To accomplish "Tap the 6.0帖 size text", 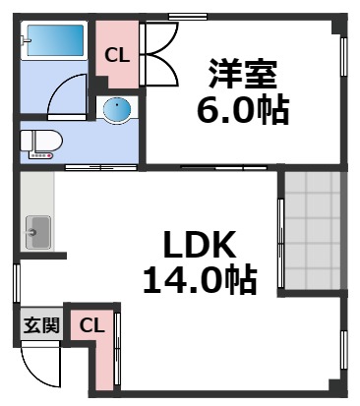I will pos(242,110).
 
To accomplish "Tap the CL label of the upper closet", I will pos(117,55).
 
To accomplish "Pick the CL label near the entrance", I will pos(90,325).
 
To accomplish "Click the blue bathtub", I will pos(54,41).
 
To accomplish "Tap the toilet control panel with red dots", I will pos(40,154).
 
